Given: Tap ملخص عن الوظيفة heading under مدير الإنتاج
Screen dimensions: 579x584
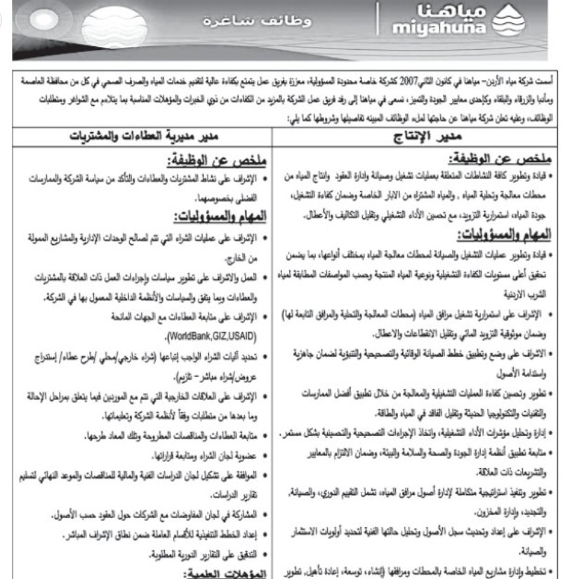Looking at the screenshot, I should [x=508, y=161].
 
